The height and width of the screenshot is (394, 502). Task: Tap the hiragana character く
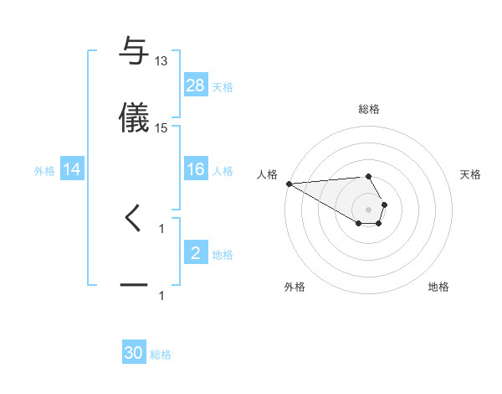tap(134, 218)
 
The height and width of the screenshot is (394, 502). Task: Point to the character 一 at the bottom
tap(134, 286)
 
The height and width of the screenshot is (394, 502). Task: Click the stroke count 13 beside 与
tap(161, 61)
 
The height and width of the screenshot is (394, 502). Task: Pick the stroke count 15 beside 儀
tap(161, 128)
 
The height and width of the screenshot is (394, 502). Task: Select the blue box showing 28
tap(196, 86)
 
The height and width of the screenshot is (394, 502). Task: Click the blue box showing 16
tap(196, 169)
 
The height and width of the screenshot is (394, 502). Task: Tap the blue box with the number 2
tap(196, 253)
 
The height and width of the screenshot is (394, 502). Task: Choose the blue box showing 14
tap(73, 169)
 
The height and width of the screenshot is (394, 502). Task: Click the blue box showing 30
tap(134, 353)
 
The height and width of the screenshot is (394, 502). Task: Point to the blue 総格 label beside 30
tap(161, 355)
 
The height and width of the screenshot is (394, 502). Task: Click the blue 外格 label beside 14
tap(44, 171)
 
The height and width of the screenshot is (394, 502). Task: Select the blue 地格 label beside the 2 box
tap(223, 255)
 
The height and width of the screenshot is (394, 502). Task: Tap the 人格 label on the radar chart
tap(267, 174)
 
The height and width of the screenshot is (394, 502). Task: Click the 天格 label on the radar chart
tap(471, 174)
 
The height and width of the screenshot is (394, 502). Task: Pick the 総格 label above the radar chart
tap(369, 109)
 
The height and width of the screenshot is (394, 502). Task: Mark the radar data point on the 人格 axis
tap(289, 184)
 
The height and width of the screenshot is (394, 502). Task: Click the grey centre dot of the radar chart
tap(369, 209)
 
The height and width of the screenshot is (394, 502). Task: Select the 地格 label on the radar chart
tap(438, 287)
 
